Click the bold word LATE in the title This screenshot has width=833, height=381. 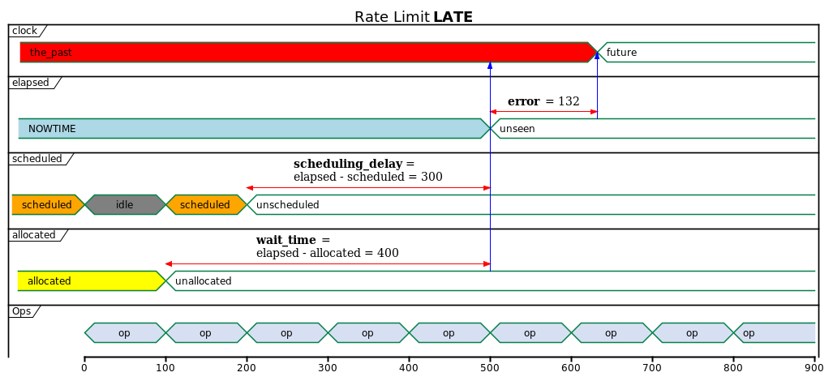[x=453, y=17]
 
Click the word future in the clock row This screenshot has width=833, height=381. [x=621, y=53]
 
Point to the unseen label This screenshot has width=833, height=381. [x=517, y=129]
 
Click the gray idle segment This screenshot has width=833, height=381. [x=125, y=204]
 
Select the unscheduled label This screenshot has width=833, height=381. [x=287, y=205]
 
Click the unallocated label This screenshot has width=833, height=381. [x=203, y=281]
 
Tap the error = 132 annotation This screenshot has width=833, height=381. [x=543, y=101]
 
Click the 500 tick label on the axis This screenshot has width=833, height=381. [x=490, y=368]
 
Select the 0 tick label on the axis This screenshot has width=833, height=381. [x=84, y=368]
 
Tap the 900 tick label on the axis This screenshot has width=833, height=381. [x=814, y=368]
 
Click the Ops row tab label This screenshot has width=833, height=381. [x=21, y=311]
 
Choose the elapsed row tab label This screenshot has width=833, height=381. [x=31, y=82]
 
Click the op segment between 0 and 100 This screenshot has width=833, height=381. [x=125, y=332]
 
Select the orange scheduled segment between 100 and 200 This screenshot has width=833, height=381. [x=205, y=204]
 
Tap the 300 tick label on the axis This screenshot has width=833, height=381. [x=328, y=368]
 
